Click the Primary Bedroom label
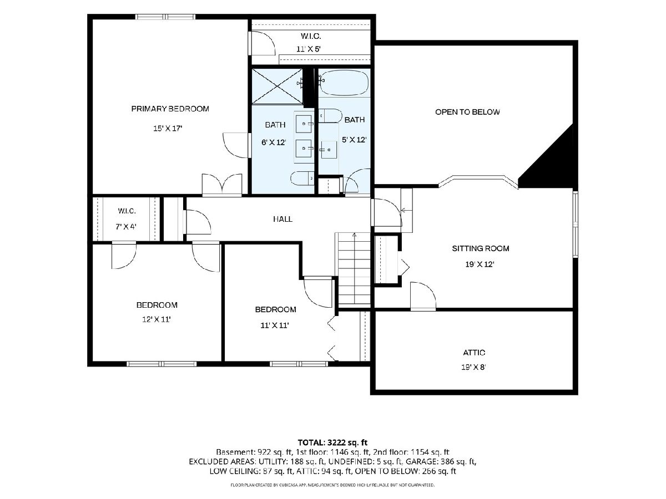point(170,109)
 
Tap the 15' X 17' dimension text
point(168,129)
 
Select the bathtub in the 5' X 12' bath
point(344,83)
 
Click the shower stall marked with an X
point(277,86)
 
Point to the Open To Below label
point(467,112)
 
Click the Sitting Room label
point(480,248)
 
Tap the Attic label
point(474,353)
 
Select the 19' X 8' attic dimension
point(473,367)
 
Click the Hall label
point(282,219)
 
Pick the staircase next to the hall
point(354,269)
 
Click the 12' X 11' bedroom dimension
point(157,319)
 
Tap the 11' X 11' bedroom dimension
point(275,325)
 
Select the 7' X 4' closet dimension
point(126,226)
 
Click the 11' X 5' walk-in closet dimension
point(309,49)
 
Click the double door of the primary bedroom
point(222,184)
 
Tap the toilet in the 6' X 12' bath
point(302,179)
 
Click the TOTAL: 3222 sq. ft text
point(332,442)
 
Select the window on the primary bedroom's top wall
point(165,17)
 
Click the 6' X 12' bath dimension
point(274,142)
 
